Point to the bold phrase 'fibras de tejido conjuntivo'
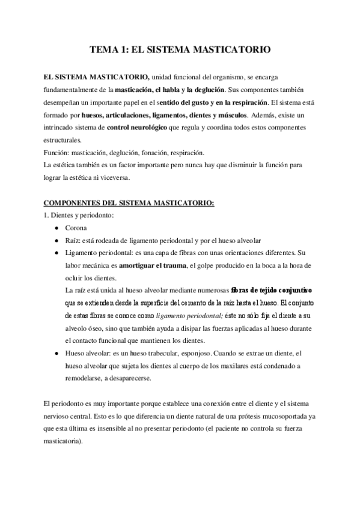[271, 290]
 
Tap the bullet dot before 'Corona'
[56, 228]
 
